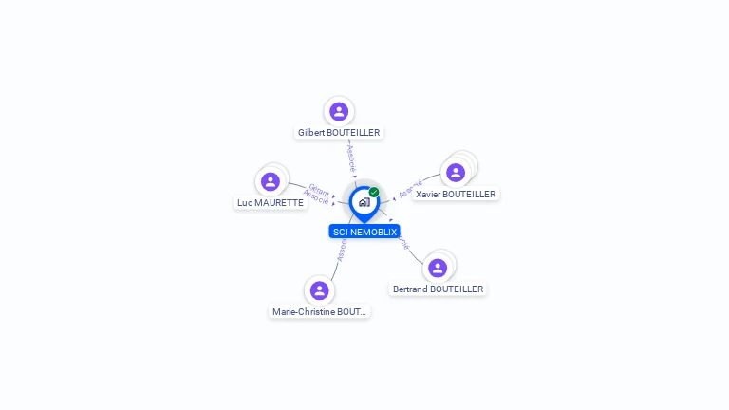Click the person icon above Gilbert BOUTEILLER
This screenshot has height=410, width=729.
(x=339, y=112)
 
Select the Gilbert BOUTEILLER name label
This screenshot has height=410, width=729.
(x=339, y=133)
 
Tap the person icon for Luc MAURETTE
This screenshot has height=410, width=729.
(x=271, y=181)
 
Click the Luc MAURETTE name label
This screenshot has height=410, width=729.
(x=271, y=202)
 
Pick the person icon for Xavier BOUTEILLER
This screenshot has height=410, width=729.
(x=456, y=173)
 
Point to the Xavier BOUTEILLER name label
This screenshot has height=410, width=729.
(x=456, y=194)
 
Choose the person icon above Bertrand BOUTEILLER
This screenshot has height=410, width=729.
(x=438, y=268)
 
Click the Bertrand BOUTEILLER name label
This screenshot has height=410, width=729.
(x=438, y=289)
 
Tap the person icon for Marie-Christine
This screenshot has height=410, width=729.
(x=319, y=290)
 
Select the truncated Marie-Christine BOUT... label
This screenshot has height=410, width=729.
(x=319, y=311)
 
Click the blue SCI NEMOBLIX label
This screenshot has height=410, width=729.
(x=364, y=232)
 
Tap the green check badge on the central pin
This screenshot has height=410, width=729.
(x=374, y=193)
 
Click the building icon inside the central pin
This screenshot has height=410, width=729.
(x=364, y=202)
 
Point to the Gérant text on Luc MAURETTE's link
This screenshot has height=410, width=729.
(x=319, y=189)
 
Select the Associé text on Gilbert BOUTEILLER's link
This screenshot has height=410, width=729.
(x=351, y=158)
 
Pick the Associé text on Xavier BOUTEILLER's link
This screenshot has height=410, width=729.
(x=410, y=189)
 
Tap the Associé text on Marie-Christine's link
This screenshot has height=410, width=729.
(x=342, y=249)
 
